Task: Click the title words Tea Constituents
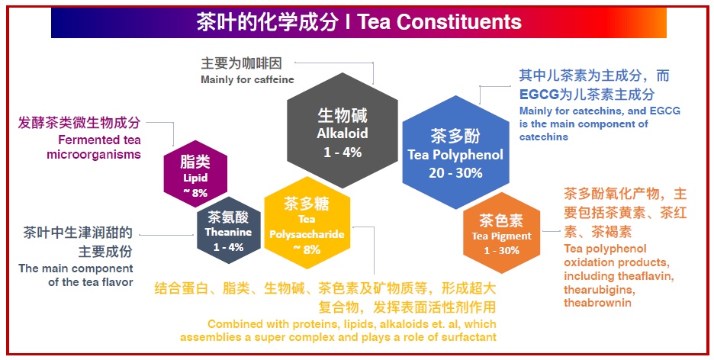(x=439, y=22)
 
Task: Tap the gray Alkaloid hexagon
(x=343, y=130)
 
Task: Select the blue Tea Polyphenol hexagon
(x=455, y=152)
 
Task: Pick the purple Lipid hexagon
(x=195, y=174)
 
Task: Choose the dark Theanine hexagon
(x=229, y=232)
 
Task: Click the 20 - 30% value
(x=455, y=173)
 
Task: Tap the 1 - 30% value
(x=501, y=250)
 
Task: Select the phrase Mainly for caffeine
(x=247, y=79)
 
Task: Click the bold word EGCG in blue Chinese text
(x=539, y=95)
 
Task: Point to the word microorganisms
(x=94, y=154)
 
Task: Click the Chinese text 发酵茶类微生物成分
(x=79, y=123)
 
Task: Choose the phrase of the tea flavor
(x=91, y=282)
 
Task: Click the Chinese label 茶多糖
(x=307, y=204)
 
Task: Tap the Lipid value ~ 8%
(x=195, y=192)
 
